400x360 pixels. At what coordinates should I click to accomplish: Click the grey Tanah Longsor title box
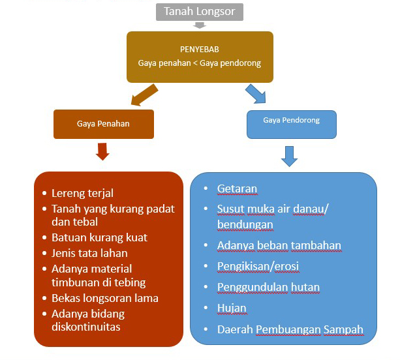[199, 12]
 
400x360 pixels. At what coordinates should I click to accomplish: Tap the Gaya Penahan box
[104, 123]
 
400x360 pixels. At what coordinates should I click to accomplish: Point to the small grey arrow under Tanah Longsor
[200, 25]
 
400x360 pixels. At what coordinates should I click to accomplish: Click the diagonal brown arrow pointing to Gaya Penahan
[145, 95]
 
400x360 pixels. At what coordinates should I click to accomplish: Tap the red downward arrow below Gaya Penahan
[102, 152]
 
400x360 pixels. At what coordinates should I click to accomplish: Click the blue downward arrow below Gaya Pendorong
[290, 157]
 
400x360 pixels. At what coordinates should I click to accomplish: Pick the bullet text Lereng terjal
[82, 193]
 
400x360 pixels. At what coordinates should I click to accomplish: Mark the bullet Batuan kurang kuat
[99, 237]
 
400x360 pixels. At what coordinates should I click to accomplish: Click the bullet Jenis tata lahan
[89, 253]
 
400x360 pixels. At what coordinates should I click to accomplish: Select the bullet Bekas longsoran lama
[105, 298]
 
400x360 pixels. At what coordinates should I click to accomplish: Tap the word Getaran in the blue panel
[237, 189]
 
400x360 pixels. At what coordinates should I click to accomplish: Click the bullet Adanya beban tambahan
[279, 246]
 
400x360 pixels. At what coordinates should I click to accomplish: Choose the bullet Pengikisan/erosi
[258, 267]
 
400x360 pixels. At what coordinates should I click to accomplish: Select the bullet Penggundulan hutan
[268, 288]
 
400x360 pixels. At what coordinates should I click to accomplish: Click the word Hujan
[232, 308]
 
